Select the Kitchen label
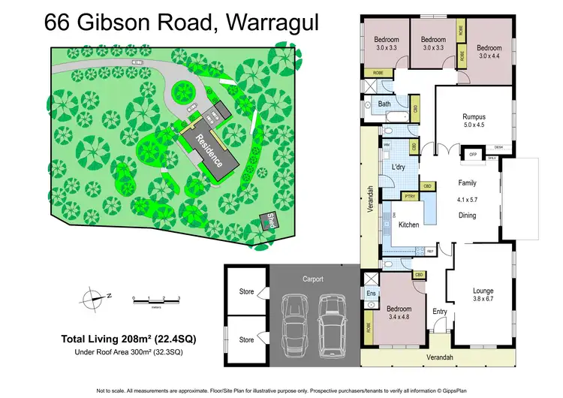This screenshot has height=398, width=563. coord(408,225)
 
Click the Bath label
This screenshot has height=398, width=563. coord(384,104)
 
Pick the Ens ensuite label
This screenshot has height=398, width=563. coord(371,294)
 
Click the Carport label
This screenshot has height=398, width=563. coord(313,279)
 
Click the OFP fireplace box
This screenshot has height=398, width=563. coord(473,154)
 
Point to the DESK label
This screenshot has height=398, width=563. coord(498,147)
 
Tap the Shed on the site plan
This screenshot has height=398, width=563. coord(268,220)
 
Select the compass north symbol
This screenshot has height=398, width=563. coord(95,297)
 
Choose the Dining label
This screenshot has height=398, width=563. coord(468,215)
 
